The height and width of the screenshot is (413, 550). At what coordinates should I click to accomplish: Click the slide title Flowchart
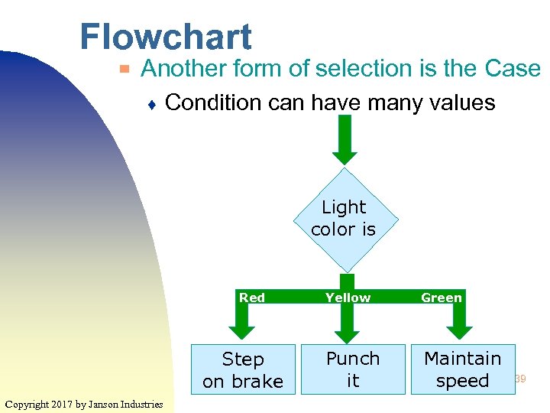coord(165,37)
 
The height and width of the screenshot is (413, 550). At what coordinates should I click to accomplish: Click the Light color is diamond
coord(344,219)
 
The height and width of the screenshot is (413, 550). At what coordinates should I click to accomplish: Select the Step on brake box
coord(243,369)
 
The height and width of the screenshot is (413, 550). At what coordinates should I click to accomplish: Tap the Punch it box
coord(352,369)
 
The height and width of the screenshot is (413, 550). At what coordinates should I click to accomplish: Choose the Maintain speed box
coord(462,369)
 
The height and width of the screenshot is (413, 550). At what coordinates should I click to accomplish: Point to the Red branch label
coord(252,298)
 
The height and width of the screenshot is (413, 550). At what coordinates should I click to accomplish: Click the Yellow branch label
coord(348,298)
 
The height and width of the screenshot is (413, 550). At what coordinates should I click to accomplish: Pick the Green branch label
coord(442,298)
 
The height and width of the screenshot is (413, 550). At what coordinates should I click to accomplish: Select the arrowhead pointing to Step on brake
coord(242,330)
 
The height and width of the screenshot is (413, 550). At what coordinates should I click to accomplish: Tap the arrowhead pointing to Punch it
coord(347,334)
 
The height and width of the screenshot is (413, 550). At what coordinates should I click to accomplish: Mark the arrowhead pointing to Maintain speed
coord(460,330)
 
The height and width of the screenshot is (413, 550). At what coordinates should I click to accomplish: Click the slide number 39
coord(520,379)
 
